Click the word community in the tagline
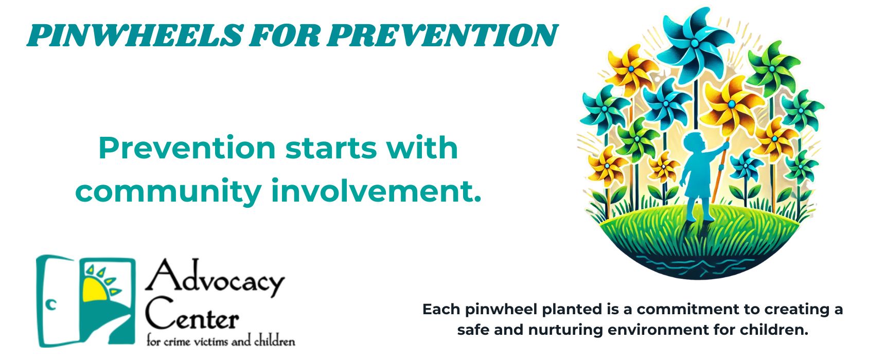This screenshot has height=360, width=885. (168, 191)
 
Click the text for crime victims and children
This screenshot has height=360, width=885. (221, 341)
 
